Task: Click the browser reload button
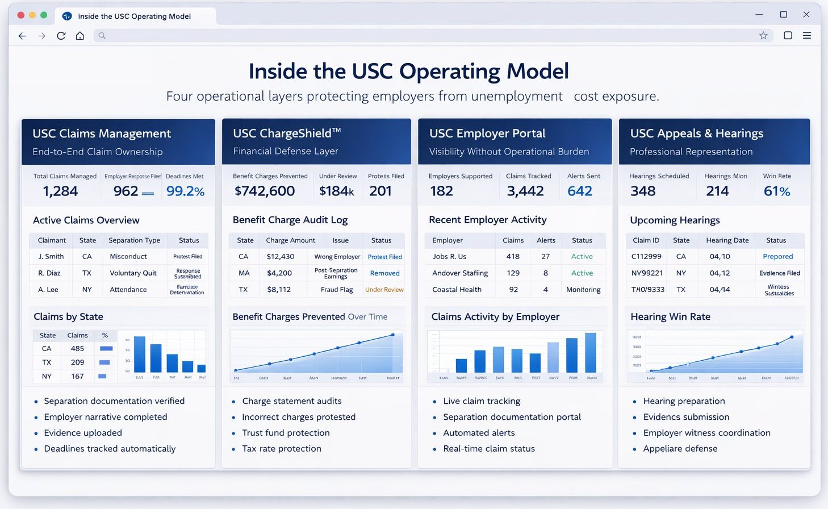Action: click(61, 36)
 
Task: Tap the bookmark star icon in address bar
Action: click(763, 36)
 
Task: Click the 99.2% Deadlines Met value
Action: click(185, 191)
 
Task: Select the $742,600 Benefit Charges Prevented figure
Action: click(265, 191)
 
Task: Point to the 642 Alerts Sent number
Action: click(579, 191)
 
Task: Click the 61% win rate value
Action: click(776, 191)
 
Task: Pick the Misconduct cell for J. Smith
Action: click(128, 257)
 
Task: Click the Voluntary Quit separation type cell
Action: click(133, 273)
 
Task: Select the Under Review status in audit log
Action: click(384, 290)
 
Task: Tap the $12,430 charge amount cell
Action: click(281, 257)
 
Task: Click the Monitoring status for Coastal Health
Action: click(583, 290)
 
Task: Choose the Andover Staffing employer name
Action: click(460, 273)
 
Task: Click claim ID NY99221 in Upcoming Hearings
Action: click(647, 273)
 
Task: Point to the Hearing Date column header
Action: click(727, 240)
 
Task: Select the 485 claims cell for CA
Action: click(77, 349)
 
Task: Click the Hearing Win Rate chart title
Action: click(670, 317)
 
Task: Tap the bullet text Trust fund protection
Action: click(286, 433)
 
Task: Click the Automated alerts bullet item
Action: click(479, 433)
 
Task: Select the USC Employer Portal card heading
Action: click(487, 133)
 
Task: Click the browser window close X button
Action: click(806, 15)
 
